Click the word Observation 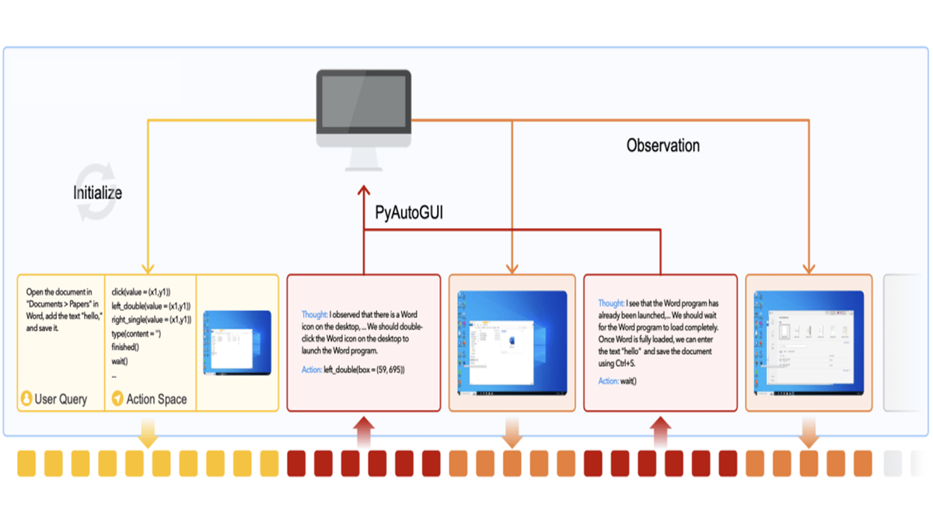point(662,145)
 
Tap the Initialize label point(97,192)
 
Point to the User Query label point(61,399)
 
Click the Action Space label point(156,399)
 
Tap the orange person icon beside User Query point(26,399)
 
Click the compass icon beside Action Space point(117,399)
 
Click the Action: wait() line point(617,381)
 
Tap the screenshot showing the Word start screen point(809,342)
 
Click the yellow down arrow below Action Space point(149,433)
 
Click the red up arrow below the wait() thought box point(661,432)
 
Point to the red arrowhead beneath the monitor point(363,191)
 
